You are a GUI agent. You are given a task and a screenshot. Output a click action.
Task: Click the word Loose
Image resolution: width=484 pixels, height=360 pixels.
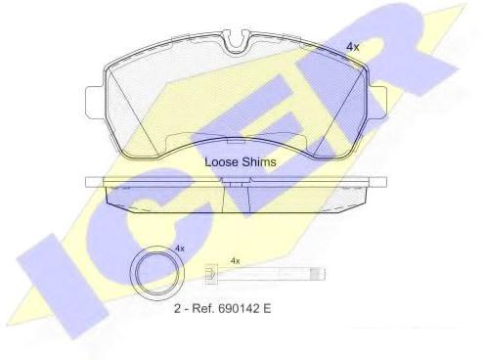[222, 162]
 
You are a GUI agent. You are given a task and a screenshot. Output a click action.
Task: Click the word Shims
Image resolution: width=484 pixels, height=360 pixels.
[259, 162]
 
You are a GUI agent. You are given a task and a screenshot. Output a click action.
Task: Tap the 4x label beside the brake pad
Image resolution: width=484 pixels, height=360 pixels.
[352, 47]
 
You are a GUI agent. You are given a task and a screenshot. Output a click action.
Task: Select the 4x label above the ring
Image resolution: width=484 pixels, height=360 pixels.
[180, 248]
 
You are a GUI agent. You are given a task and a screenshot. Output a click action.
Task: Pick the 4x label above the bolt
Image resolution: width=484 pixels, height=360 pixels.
[235, 261]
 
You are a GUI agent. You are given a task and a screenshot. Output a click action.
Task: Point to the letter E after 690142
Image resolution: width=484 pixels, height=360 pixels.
[267, 308]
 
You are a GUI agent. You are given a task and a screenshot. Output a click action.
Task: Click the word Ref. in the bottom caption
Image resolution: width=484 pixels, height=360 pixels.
[202, 308]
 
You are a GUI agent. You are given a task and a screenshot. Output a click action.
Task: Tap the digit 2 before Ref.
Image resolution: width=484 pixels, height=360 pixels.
[178, 308]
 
